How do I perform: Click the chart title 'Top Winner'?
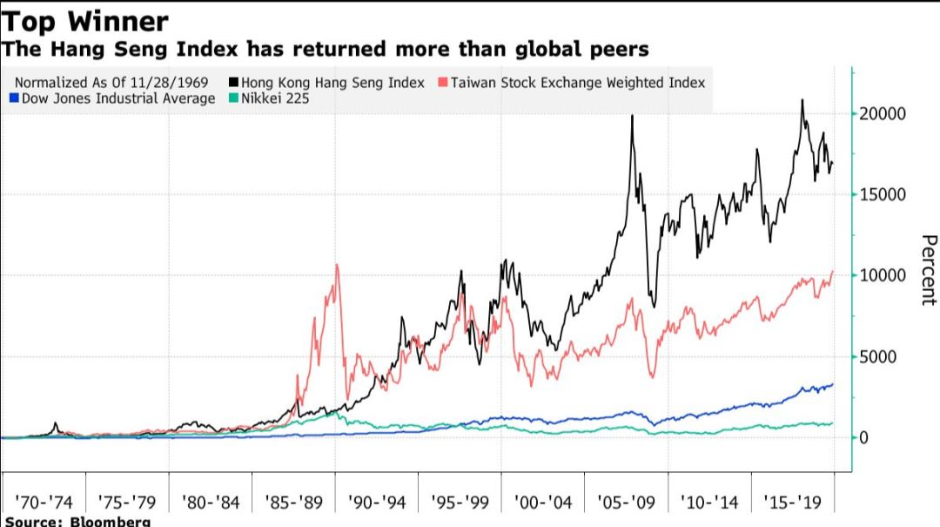pyautogui.click(x=85, y=20)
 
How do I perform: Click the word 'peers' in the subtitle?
pyautogui.click(x=616, y=48)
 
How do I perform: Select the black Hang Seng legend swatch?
pyautogui.click(x=232, y=83)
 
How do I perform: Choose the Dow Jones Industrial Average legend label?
pyautogui.click(x=115, y=99)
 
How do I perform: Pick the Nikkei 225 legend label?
pyautogui.click(x=276, y=99)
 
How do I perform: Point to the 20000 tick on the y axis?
pyautogui.click(x=883, y=114)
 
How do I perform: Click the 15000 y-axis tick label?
pyautogui.click(x=883, y=195)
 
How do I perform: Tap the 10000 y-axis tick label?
pyautogui.click(x=883, y=276)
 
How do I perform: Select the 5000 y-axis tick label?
pyautogui.click(x=878, y=357)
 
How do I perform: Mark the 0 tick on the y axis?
pyautogui.click(x=863, y=438)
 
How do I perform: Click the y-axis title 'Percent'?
pyautogui.click(x=929, y=270)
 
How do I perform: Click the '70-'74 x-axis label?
pyautogui.click(x=43, y=503)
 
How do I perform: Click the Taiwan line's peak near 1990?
pyautogui.click(x=336, y=265)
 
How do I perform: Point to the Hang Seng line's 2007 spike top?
pyautogui.click(x=631, y=116)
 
